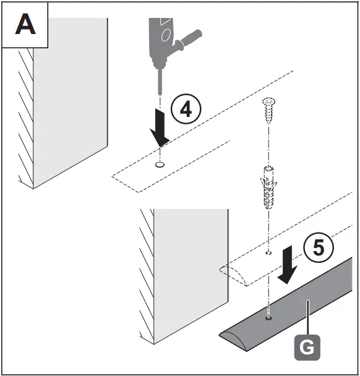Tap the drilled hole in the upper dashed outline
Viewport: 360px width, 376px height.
pyautogui.click(x=160, y=164)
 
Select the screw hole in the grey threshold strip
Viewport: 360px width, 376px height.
pyautogui.click(x=270, y=318)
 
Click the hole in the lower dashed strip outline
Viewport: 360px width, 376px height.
pyautogui.click(x=268, y=253)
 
